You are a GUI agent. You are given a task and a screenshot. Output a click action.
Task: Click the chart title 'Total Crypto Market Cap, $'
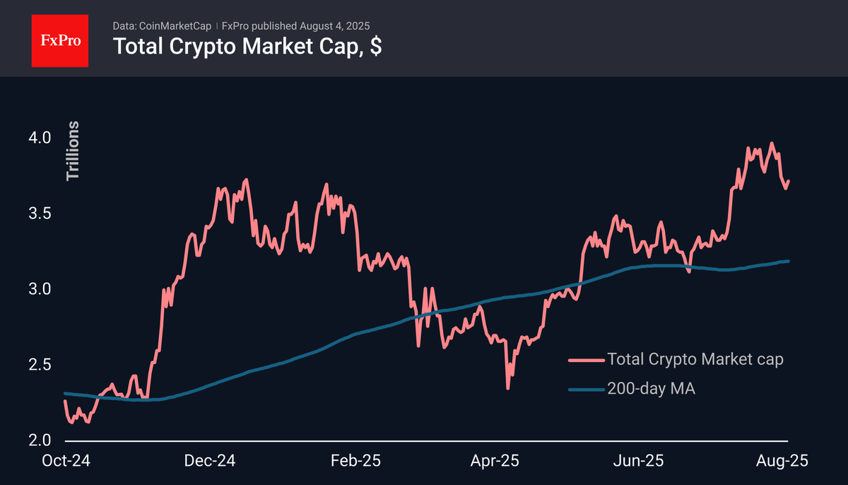[248, 47]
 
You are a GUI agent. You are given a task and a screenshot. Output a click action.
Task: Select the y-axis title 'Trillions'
[73, 151]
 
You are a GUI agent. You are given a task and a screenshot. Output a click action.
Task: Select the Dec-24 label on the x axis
[211, 460]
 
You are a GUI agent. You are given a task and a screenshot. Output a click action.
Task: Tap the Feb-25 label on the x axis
[356, 460]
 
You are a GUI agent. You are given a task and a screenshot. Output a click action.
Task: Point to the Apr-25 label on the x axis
[495, 460]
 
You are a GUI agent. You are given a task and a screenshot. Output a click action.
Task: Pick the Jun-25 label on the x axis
[639, 460]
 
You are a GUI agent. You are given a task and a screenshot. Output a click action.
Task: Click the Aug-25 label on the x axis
[782, 460]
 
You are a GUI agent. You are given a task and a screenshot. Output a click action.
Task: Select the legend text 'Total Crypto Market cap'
[695, 359]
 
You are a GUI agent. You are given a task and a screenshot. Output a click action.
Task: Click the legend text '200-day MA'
[651, 387]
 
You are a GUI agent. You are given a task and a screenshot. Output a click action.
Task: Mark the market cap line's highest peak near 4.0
[771, 144]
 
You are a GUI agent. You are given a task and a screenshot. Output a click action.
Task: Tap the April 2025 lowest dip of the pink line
[507, 387]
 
